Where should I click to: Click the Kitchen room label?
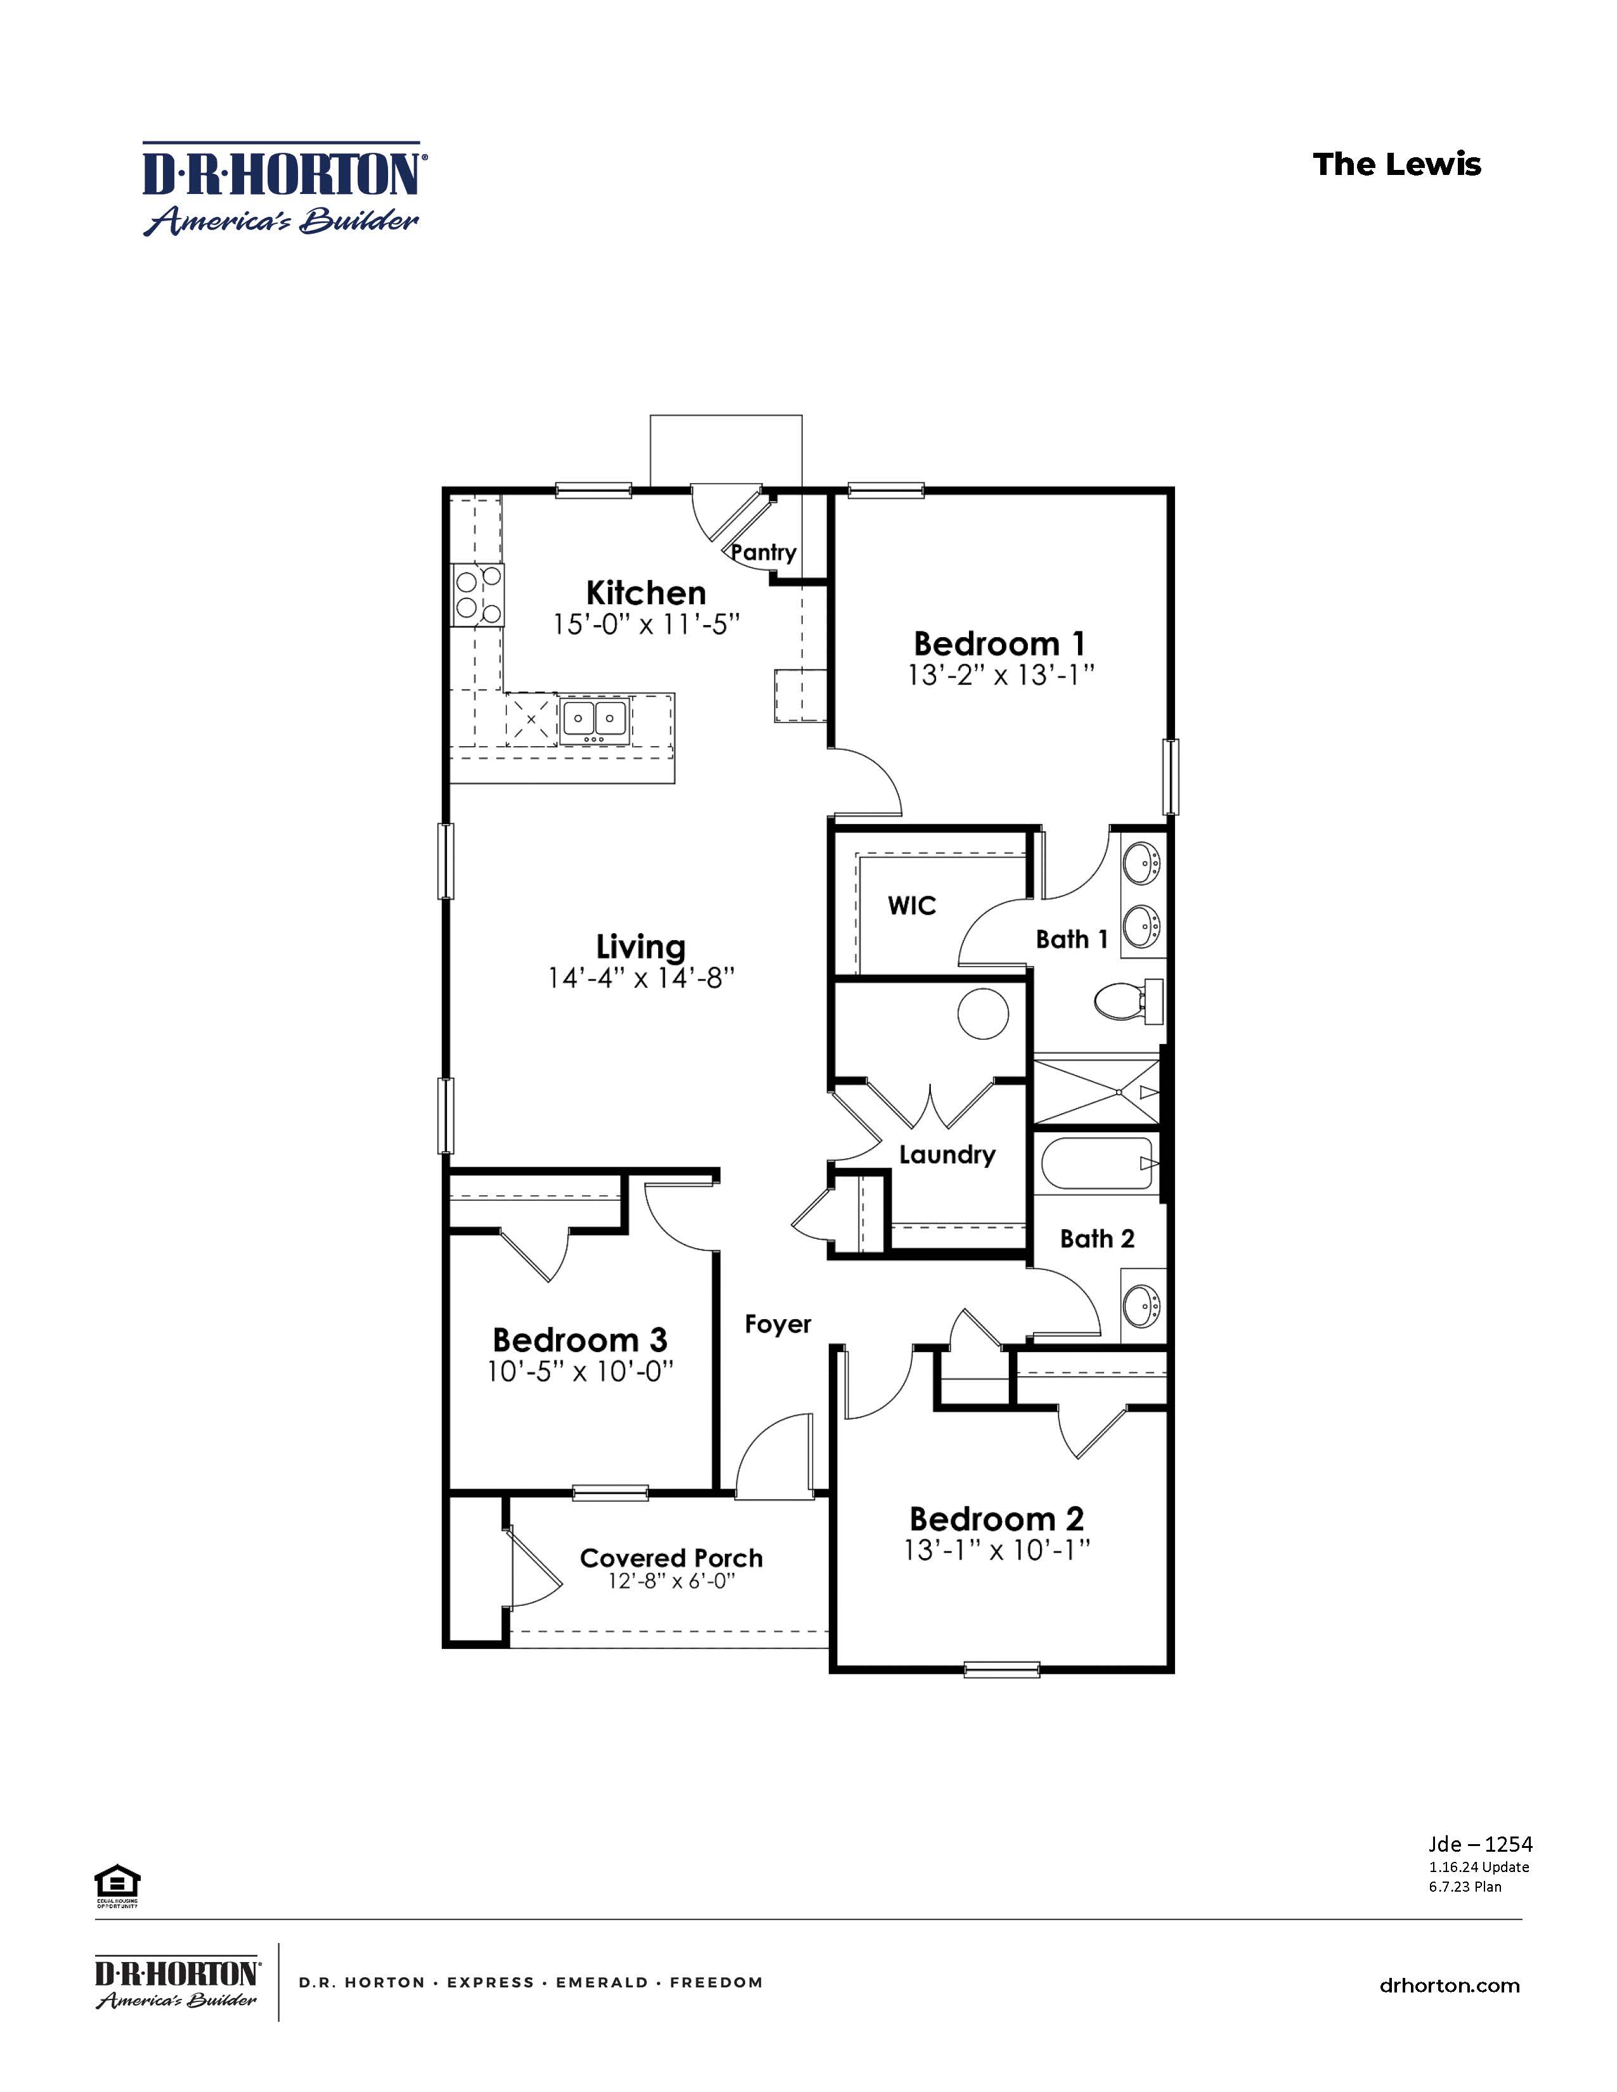point(646,592)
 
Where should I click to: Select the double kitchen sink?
point(594,718)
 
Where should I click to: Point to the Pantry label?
point(763,553)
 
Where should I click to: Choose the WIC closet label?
point(911,906)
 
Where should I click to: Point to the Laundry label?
point(947,1154)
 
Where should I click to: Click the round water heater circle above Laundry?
point(984,1016)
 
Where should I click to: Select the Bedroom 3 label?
point(580,1339)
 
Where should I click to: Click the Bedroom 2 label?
point(996,1518)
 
